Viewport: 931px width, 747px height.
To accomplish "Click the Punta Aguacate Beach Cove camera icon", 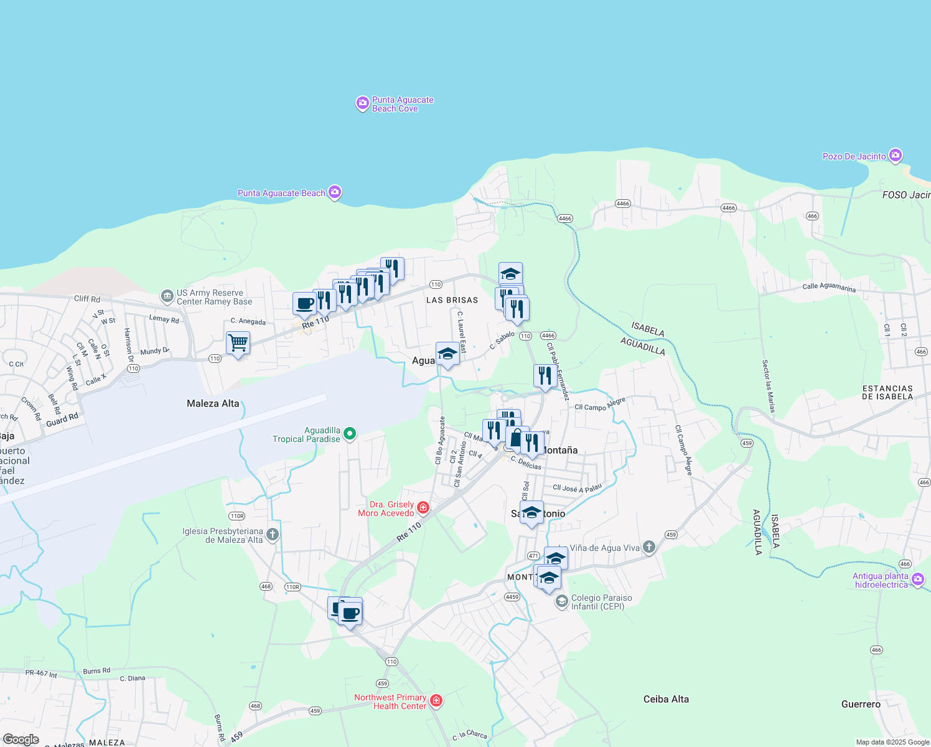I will click(x=362, y=103).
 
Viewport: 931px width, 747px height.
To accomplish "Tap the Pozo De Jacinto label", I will click(x=854, y=156).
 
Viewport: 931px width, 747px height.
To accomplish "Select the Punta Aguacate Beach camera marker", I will click(x=335, y=192).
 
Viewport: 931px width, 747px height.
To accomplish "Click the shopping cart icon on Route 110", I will click(x=238, y=342).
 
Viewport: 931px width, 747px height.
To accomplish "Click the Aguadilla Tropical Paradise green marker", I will click(x=350, y=433).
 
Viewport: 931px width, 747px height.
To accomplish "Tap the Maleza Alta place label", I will click(x=213, y=403).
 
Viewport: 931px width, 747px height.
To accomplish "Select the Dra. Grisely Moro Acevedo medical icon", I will click(x=423, y=508).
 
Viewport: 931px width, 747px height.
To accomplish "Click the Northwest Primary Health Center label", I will click(x=390, y=702).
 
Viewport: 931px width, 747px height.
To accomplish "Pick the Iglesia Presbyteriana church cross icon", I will click(x=272, y=534).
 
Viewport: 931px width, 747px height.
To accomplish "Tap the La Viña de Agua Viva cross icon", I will click(x=648, y=547).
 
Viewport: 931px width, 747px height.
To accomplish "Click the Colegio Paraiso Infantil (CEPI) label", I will click(x=601, y=602).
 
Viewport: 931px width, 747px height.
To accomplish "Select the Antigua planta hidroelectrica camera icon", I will click(x=917, y=580).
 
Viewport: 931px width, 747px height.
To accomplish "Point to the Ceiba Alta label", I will click(x=666, y=699).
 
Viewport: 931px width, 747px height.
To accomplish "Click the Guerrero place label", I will click(x=861, y=704).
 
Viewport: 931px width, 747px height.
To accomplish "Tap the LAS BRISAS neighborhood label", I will click(x=452, y=300).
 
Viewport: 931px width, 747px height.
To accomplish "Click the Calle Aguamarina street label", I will click(x=829, y=287).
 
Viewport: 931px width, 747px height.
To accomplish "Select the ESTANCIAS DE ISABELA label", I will click(x=887, y=392).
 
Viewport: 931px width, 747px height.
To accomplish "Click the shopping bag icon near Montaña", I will click(x=516, y=439).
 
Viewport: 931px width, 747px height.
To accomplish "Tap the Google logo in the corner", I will click(x=21, y=739).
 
